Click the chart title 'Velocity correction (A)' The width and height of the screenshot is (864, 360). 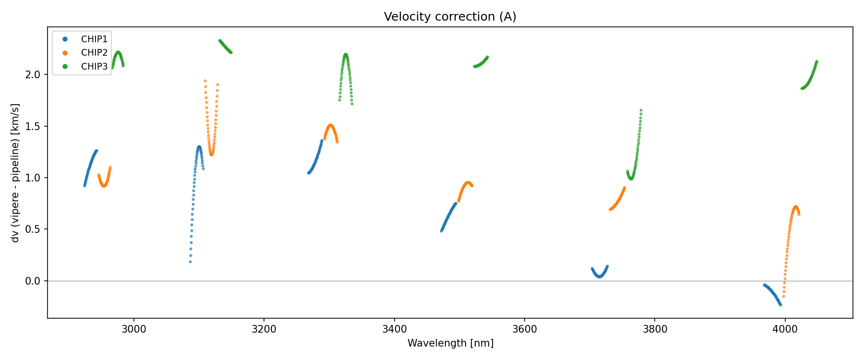(x=450, y=17)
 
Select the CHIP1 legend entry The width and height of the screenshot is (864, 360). (x=94, y=39)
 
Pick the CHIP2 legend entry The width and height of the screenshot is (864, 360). (x=94, y=53)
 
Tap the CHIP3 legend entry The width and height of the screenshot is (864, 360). (x=94, y=67)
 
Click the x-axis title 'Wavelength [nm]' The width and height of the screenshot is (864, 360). (x=450, y=343)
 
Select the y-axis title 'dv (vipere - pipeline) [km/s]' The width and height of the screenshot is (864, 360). (x=15, y=173)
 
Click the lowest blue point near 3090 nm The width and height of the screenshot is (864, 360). (x=190, y=262)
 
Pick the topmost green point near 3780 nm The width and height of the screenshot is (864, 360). (x=641, y=110)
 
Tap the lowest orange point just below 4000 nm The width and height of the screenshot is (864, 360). (x=783, y=297)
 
